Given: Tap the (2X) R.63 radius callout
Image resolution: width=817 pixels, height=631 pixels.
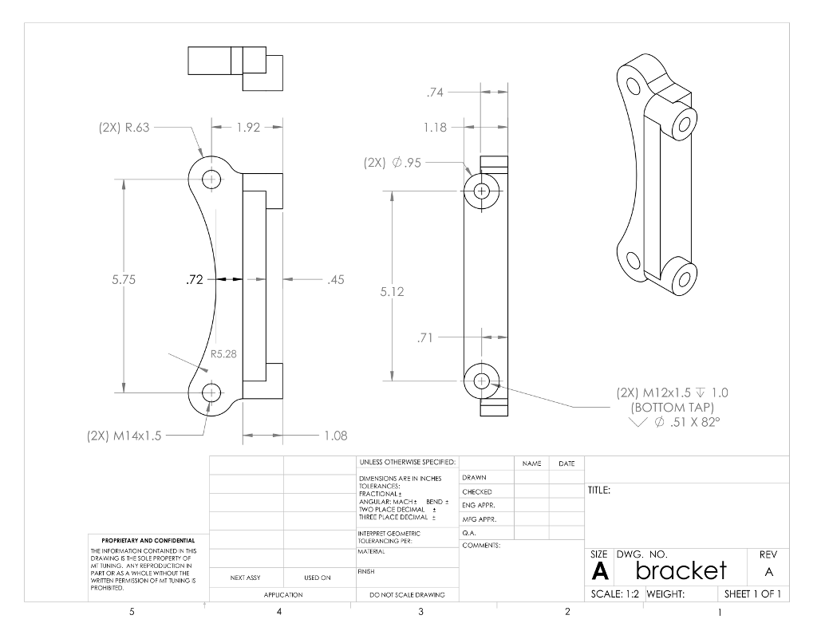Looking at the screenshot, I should (124, 126).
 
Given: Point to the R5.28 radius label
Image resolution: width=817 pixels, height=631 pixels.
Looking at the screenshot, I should (223, 353).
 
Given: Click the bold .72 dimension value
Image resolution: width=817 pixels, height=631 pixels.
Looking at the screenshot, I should (194, 279).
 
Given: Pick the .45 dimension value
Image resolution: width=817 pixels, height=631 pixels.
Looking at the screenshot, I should (335, 279).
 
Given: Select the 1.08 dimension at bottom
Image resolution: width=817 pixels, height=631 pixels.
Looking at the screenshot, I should (335, 436).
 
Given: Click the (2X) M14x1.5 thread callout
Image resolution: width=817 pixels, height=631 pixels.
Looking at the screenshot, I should (124, 436).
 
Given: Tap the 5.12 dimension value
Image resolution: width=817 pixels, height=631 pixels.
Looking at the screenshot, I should (392, 292).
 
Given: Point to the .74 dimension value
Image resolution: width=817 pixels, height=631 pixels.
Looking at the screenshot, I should (435, 93).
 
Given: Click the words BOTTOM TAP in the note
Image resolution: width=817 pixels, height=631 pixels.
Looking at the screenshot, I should (672, 407).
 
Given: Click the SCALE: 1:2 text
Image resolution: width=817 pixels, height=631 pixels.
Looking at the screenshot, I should (614, 594).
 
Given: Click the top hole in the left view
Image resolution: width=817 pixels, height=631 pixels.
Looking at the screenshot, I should (211, 179).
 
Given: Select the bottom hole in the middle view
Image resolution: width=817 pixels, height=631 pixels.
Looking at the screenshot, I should (481, 381).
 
